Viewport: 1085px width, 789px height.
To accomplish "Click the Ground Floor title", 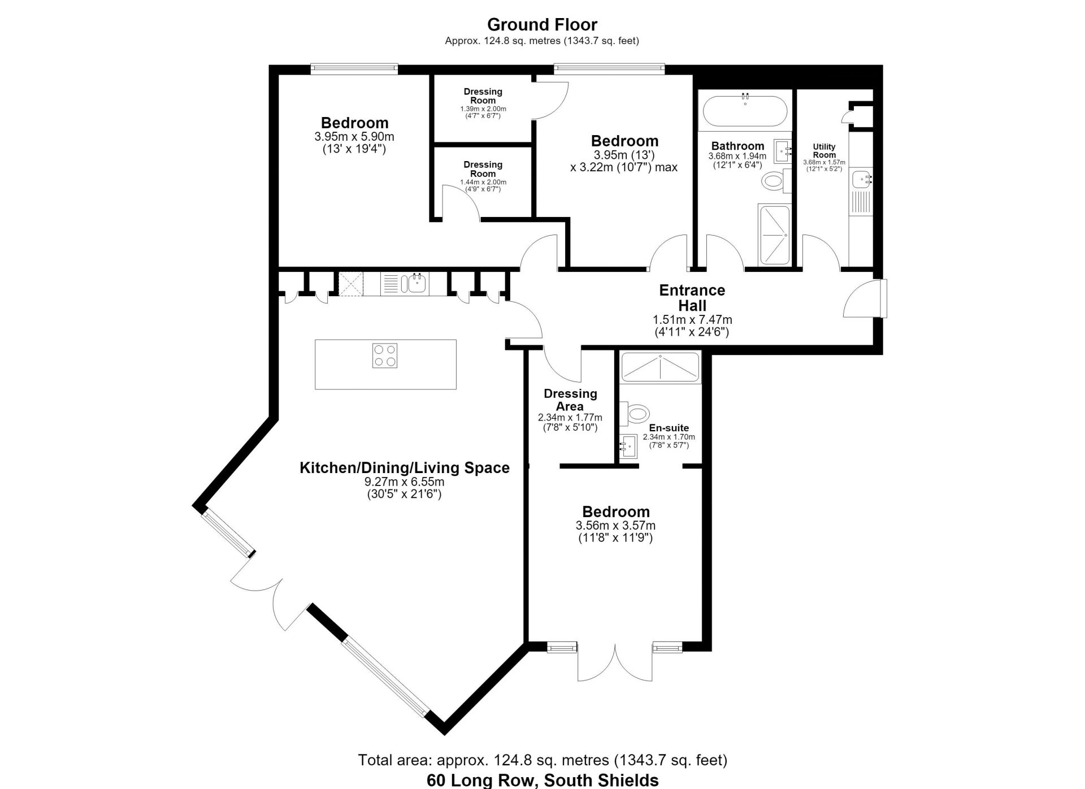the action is coord(542,24).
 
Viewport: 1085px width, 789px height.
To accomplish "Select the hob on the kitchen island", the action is coord(385,356).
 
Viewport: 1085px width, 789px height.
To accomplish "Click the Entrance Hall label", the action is coord(692,298).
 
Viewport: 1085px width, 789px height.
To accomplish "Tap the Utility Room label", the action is coord(824,150).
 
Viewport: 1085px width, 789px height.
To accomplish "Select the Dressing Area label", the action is coord(570,400).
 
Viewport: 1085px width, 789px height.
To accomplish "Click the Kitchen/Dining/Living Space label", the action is coord(405,467).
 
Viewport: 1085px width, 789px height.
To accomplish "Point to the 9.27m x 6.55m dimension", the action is coord(405,482).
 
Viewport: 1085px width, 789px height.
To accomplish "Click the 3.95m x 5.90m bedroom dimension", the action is coord(354,137).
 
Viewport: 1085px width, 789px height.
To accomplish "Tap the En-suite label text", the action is coord(669,428).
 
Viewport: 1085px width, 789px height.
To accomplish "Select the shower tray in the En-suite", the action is coord(660,368).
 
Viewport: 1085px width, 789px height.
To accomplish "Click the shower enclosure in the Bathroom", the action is coord(774,235).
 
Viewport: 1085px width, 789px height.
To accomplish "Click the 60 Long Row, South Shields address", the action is coord(542,781).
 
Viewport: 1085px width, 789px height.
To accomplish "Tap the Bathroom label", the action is coord(737,146).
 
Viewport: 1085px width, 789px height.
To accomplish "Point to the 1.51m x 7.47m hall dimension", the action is coord(692,320).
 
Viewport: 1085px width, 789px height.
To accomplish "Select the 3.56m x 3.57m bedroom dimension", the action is coord(615,526).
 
